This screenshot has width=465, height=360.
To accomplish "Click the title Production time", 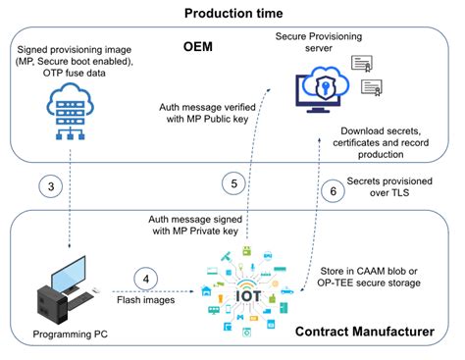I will click(232, 13).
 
